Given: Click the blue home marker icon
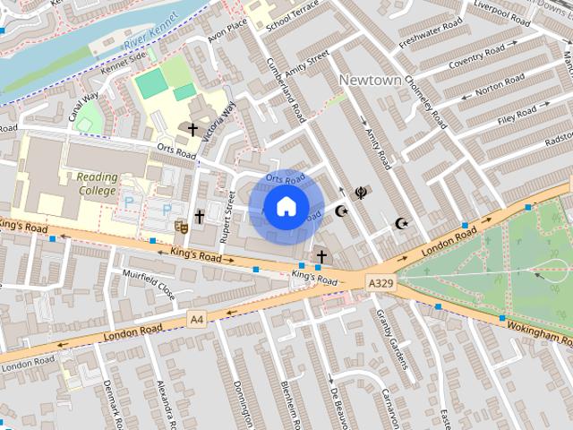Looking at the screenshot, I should point(285,206).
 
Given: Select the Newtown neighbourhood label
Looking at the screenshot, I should point(370,81).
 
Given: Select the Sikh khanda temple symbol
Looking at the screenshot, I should point(360,192).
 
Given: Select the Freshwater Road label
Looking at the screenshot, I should point(431,33).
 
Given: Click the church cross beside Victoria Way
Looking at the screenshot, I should point(192,130).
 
